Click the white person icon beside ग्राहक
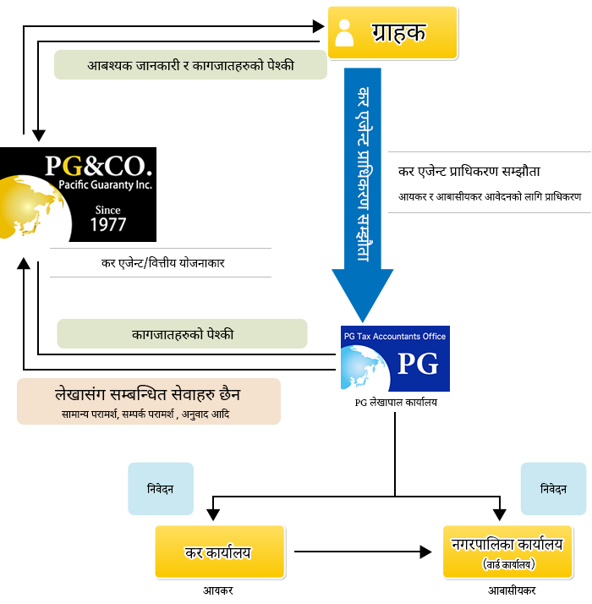[x=344, y=33]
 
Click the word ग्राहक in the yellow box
[x=398, y=32]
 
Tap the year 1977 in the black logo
[x=108, y=224]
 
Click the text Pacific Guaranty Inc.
[x=105, y=185]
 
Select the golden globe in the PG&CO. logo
[x=30, y=207]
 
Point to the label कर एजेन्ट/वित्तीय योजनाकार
[x=162, y=263]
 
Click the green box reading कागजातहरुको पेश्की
[x=182, y=334]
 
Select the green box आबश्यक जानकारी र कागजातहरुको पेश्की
[x=190, y=64]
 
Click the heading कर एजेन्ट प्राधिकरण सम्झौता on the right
[x=469, y=171]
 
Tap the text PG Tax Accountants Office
[x=395, y=337]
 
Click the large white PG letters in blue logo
[x=418, y=363]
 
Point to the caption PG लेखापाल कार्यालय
[x=396, y=403]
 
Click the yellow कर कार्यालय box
[x=220, y=552]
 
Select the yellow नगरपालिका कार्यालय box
[x=507, y=552]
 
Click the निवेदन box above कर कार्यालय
[x=161, y=489]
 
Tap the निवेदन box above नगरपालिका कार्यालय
[x=553, y=489]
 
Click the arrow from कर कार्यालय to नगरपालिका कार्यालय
[x=363, y=552]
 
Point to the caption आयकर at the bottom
[x=218, y=590]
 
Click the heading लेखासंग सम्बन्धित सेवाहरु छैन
[x=147, y=394]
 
